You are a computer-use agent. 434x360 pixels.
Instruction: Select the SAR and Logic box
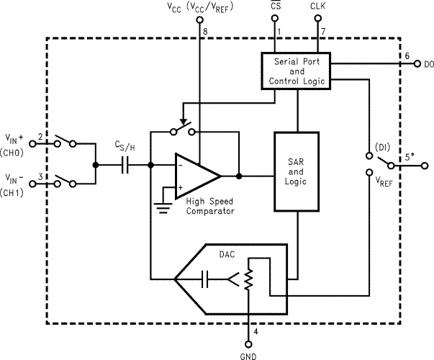point(296,171)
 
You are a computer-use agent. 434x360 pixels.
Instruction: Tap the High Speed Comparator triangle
point(196,175)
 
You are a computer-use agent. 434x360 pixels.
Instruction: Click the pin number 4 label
point(256,333)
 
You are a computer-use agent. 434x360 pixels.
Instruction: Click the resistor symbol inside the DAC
point(248,279)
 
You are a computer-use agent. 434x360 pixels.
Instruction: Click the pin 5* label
point(409,156)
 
